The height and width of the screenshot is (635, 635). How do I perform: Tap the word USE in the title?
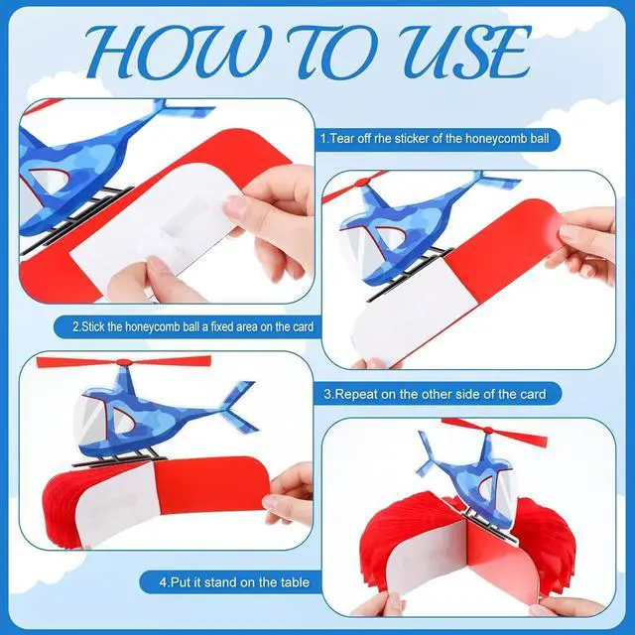464,52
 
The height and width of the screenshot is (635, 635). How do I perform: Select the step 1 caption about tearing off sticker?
435,139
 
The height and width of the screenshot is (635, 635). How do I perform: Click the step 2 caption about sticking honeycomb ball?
193,326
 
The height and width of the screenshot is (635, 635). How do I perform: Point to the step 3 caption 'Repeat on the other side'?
435,394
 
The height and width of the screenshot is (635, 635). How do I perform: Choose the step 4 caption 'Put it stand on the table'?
234,582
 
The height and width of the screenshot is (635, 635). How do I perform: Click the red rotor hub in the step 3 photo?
124,362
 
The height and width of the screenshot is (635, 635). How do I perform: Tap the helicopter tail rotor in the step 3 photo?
238,406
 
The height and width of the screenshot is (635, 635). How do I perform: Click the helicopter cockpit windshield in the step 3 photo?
90,420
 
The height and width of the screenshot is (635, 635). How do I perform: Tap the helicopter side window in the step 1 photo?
50,181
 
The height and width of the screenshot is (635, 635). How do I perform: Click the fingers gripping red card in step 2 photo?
583,243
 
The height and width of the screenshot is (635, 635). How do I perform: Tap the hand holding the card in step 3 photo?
289,496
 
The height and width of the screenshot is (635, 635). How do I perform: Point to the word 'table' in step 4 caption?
295,582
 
